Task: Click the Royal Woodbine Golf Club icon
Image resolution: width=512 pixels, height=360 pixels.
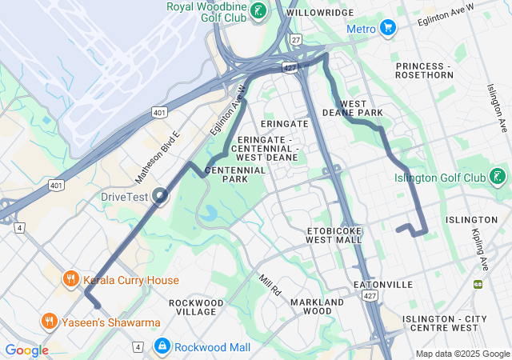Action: pos(258,11)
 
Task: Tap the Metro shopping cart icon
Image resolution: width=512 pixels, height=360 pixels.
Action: pos(389,29)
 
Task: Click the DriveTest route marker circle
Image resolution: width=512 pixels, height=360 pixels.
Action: pos(161,195)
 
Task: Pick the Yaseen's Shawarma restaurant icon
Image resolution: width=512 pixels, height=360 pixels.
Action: pos(50,322)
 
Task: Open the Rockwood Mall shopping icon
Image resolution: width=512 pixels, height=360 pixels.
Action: pos(162,346)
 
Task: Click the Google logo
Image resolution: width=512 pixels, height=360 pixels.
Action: pos(26,350)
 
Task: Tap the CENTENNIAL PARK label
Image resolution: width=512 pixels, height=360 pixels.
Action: pos(235,174)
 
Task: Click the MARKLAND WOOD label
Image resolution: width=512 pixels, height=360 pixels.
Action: pos(317,306)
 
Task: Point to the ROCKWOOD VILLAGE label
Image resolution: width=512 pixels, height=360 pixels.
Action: pos(196,307)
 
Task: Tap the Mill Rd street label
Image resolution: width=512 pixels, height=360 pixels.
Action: pos(270,286)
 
